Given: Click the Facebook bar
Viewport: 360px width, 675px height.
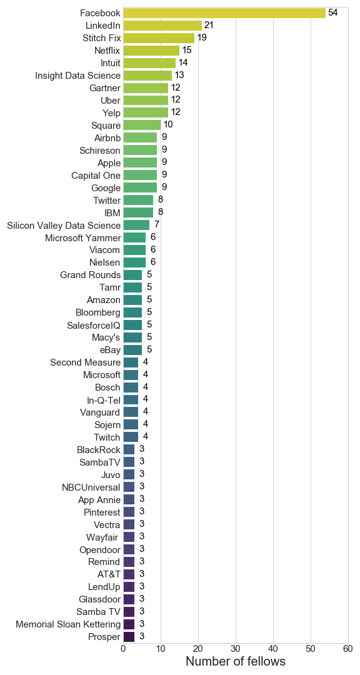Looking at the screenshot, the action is point(224,13).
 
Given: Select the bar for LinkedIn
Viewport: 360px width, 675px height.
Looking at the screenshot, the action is point(162,26).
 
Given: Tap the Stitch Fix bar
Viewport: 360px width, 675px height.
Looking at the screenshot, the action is point(159,38).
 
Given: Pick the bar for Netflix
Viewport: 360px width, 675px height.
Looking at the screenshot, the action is point(152,51).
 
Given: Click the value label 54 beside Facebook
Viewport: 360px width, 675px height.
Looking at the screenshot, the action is point(333,12).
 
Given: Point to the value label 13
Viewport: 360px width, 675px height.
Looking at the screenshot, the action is point(179,75).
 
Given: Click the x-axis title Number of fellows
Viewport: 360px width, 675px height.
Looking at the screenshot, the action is point(236,661).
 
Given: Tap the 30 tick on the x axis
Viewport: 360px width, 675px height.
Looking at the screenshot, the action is point(236,648).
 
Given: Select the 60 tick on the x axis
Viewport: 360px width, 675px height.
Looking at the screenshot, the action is point(347,648).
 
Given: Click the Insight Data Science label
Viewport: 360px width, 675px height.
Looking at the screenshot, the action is point(77,76).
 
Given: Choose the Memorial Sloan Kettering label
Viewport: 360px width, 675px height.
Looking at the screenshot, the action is point(68,624).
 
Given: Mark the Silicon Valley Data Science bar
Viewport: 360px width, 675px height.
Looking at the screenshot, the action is point(136,225).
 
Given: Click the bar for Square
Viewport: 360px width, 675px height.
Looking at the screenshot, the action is point(142,125).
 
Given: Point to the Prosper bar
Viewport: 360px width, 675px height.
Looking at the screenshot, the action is point(129,637).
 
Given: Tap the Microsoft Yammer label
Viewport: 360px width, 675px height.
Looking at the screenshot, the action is point(82,237).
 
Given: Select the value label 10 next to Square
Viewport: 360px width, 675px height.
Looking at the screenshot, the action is point(168,125).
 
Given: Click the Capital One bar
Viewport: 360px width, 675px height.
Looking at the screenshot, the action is point(141,175).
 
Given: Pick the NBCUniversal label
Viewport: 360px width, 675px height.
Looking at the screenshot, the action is point(91,487).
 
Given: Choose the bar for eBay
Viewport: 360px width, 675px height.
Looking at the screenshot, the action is point(133,350).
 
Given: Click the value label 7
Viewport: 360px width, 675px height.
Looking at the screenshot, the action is point(157,225).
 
